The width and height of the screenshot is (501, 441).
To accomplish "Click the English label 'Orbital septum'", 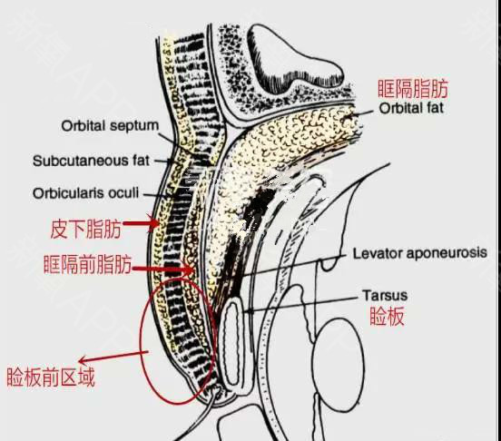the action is click(110, 126).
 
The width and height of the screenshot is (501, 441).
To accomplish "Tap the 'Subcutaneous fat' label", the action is click(91, 161).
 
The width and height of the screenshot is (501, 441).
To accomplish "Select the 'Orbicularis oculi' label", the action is click(85, 193).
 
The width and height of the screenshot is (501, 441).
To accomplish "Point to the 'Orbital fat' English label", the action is click(411, 108).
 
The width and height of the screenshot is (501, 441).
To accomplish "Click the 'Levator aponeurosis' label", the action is click(420, 253).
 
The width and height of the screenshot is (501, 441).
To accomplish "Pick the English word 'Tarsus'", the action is click(385, 296).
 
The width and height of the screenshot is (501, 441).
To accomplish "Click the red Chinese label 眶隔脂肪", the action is click(413, 89).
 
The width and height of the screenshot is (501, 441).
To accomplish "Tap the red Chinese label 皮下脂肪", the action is click(86, 229).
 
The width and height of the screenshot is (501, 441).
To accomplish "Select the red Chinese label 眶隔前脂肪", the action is click(87, 264).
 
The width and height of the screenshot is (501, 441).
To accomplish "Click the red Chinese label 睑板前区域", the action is click(51, 377).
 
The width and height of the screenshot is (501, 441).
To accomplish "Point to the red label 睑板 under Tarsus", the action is click(387, 316).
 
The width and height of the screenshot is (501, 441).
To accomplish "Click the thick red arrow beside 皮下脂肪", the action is click(142, 223).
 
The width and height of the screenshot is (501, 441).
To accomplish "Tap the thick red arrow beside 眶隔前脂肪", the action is click(163, 269).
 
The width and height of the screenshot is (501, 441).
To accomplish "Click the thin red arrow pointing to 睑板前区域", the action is click(113, 357).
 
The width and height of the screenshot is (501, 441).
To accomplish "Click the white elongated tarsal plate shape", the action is click(232, 344).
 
